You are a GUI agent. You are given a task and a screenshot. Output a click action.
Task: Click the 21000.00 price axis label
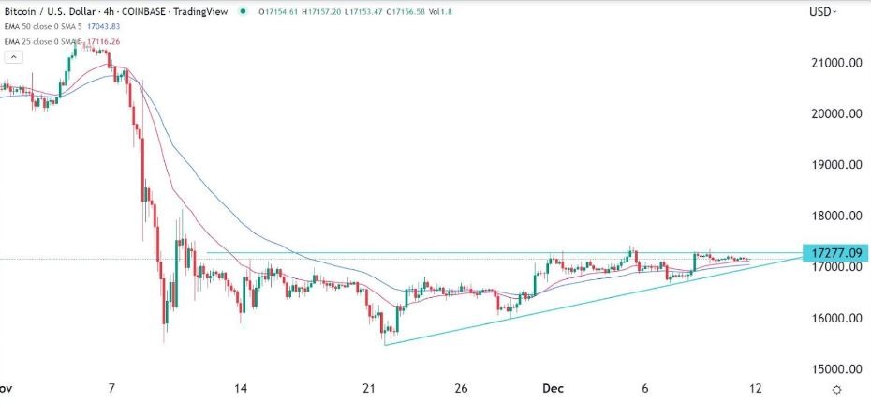coord(836,63)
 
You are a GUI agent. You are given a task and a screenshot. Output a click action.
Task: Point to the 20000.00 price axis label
coord(836,114)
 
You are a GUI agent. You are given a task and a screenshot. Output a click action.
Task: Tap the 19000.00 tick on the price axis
coord(836,165)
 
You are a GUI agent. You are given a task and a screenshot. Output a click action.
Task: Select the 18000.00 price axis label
coord(836,217)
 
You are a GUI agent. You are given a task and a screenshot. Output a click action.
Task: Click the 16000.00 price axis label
coord(836,319)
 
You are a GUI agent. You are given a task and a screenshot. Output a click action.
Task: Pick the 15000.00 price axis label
coord(836,369)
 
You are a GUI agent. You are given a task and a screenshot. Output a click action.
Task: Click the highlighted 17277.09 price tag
coord(835,253)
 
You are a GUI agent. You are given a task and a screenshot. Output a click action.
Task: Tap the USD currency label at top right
coord(821,11)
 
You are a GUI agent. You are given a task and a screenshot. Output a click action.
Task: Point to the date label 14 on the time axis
coord(241,389)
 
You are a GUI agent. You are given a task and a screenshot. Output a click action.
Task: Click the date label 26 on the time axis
coord(461,389)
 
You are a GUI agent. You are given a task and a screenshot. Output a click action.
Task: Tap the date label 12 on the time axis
coord(756,389)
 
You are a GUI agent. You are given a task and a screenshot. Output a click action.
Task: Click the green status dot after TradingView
coord(244,11)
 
